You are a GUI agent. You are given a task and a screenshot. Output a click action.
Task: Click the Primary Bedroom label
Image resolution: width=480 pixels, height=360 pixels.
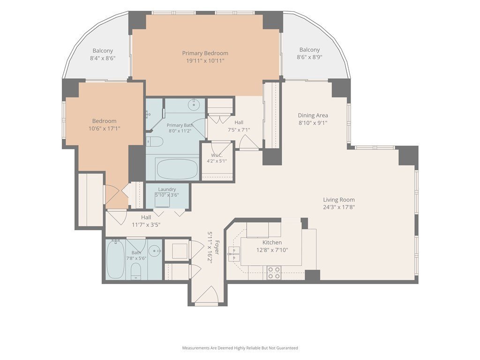click(x=205, y=53)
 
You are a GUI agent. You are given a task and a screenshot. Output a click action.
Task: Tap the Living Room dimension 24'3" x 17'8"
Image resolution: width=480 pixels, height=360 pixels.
click(x=339, y=207)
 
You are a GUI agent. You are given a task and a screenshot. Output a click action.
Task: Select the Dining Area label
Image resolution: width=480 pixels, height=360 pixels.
click(x=313, y=115)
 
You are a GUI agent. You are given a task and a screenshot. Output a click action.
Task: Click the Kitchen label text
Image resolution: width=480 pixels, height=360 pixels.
click(x=272, y=242)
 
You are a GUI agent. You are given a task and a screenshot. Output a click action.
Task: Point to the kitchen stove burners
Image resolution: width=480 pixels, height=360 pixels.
click(x=274, y=272)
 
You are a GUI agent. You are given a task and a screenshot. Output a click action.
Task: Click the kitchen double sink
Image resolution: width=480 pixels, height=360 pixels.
click(x=234, y=254)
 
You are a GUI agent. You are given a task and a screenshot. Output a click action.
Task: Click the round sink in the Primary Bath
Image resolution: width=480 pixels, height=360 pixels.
click(x=194, y=105)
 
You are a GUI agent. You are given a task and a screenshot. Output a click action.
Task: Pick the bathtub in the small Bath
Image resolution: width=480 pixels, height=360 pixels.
click(x=115, y=259)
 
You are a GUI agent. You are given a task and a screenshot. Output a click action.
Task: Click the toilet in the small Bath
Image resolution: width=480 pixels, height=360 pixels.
click(x=136, y=271)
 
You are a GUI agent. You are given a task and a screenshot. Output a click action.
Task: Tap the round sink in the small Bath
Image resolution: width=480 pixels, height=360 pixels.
click(x=155, y=251)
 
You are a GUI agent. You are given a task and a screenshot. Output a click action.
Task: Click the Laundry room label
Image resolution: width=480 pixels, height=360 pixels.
click(x=167, y=189)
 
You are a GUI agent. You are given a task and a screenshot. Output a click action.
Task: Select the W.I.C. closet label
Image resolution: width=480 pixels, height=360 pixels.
click(x=217, y=156)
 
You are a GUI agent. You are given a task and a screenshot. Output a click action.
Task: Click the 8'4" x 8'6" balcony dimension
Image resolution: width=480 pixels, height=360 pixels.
click(x=103, y=58)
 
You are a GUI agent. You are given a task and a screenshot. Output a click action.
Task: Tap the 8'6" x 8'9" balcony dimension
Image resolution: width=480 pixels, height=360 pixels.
click(x=309, y=57)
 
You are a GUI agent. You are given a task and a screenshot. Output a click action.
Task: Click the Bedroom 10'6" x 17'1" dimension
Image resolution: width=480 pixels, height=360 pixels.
click(x=105, y=128)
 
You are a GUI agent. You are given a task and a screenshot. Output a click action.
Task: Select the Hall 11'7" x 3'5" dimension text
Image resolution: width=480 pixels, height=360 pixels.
click(x=146, y=225)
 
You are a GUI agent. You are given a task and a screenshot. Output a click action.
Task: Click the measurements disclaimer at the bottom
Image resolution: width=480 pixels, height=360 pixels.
click(x=240, y=348)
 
